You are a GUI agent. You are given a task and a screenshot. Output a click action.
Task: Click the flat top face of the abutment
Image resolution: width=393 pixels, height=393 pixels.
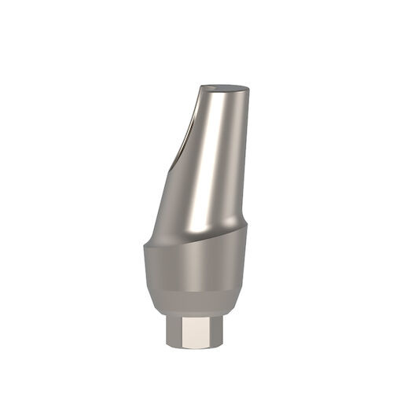pos(223,89)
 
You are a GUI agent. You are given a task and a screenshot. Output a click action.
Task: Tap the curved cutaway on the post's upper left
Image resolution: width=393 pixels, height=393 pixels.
pos(188,134)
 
